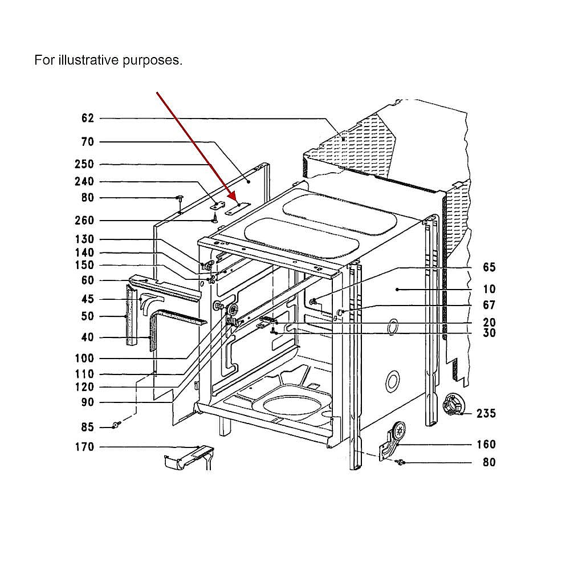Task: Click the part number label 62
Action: pos(88,118)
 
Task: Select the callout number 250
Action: pos(84,164)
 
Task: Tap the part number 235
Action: pos(486,413)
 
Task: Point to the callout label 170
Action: pos(84,447)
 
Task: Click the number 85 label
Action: pos(88,427)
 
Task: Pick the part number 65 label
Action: pos(489,267)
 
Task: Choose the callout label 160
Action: pos(486,444)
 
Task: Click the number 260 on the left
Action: pos(84,220)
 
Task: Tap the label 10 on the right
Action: pos(489,290)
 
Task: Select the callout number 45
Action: pos(88,299)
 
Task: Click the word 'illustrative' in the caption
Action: pos(88,60)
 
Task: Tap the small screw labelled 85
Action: pos(116,425)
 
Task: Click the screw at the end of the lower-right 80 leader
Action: pos(400,462)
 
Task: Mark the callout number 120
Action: pos(84,387)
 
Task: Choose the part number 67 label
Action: pos(489,305)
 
